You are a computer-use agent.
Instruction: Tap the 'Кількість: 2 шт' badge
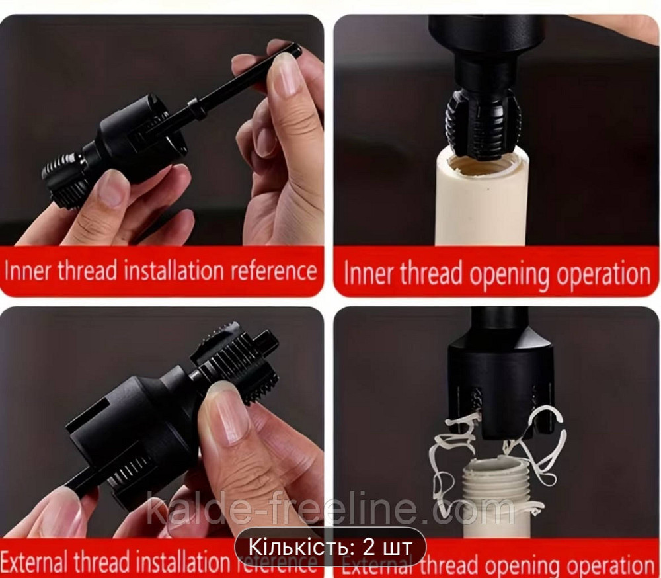330,546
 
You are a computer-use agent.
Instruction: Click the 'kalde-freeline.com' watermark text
330,511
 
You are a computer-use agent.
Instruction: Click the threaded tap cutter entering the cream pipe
483,123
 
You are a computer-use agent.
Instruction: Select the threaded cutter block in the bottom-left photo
238,360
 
